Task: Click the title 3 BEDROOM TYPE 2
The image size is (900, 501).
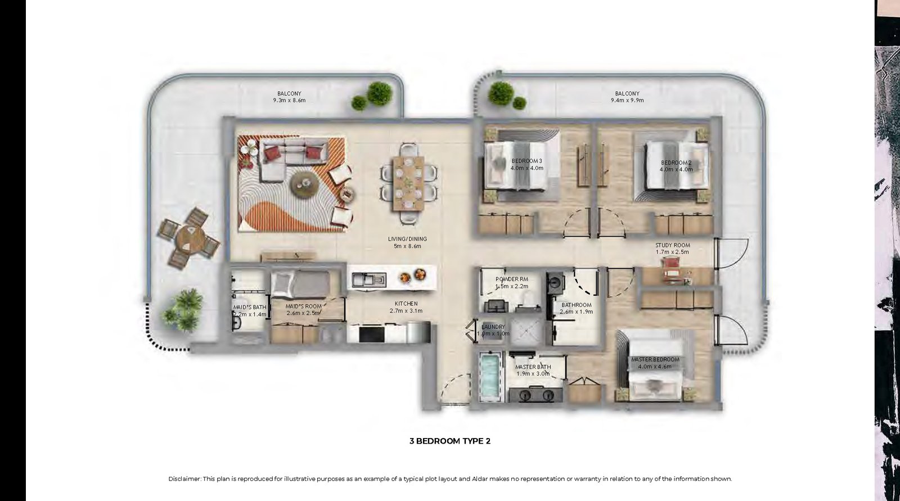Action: [449, 441]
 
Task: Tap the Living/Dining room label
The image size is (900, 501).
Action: [407, 238]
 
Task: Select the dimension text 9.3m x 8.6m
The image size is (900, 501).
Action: [289, 101]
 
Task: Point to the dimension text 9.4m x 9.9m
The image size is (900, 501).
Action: [627, 101]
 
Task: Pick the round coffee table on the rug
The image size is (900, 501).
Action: [304, 185]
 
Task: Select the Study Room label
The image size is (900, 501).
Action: [673, 245]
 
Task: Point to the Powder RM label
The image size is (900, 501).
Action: [511, 279]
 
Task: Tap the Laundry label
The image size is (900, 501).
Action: [493, 327]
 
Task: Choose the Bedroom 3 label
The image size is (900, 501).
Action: [526, 161]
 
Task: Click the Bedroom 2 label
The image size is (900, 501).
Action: [676, 163]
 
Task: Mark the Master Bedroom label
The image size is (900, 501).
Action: [655, 359]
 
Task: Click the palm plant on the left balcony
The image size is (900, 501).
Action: [183, 309]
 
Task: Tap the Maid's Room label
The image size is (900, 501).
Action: [303, 306]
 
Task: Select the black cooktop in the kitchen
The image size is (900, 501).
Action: [371, 334]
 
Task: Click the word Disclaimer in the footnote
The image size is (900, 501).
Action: [184, 479]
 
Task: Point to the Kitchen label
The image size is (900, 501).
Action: [406, 304]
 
